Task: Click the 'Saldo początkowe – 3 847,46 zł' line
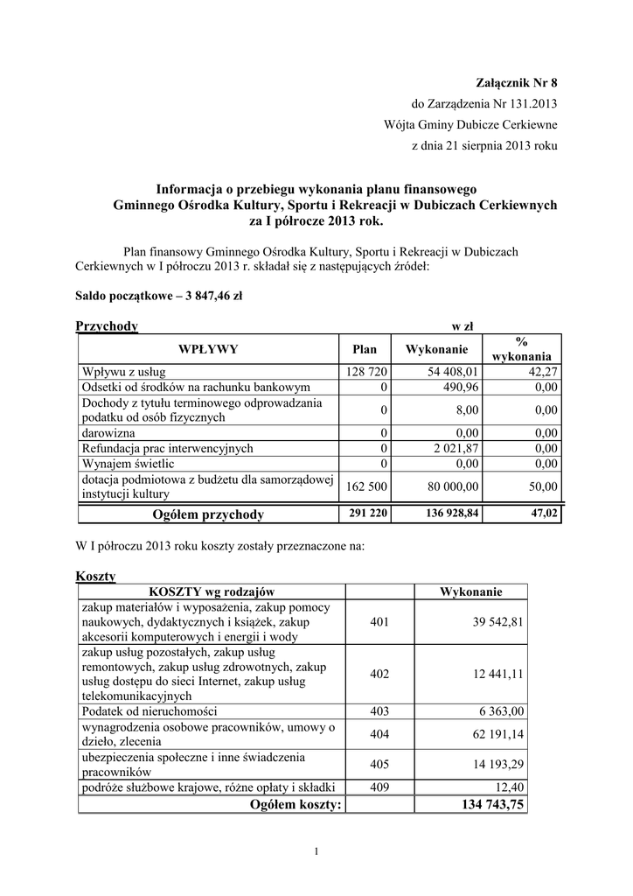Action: click(x=159, y=296)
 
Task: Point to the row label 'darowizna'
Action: click(x=109, y=432)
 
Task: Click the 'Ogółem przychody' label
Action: click(x=208, y=514)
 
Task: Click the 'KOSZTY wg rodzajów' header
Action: click(x=212, y=592)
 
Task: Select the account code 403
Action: click(x=379, y=711)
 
